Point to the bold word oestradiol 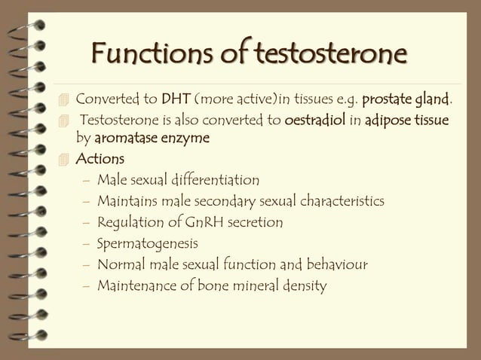316,121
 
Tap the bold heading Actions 100,160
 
